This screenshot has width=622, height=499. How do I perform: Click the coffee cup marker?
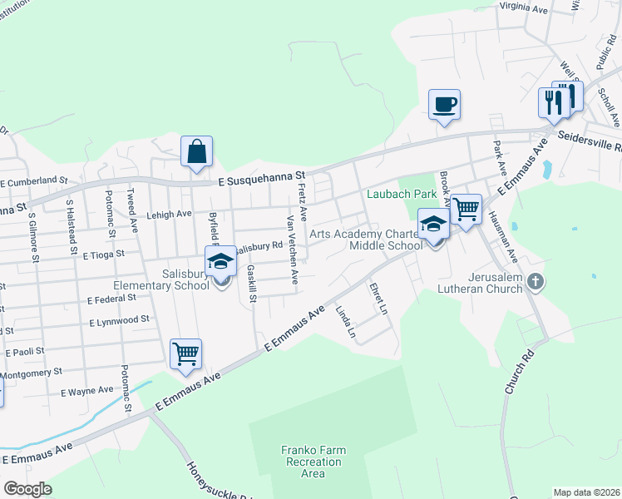point(444,106)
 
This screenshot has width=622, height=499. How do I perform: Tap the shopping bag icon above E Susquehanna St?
point(196,153)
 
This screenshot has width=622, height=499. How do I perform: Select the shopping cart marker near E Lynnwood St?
point(185,353)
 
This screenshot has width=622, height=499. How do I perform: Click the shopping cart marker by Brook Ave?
point(466,209)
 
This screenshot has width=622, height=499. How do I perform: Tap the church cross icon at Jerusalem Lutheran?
point(535,281)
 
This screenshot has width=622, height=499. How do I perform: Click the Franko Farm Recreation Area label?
point(313,462)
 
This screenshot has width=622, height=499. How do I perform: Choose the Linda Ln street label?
point(345,324)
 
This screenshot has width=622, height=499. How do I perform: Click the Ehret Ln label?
point(378,299)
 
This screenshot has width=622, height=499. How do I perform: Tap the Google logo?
point(27,489)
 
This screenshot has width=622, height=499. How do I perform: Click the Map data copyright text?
point(586,492)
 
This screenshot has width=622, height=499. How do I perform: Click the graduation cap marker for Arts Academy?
point(433,225)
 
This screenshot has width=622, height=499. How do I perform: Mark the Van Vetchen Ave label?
point(292,249)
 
